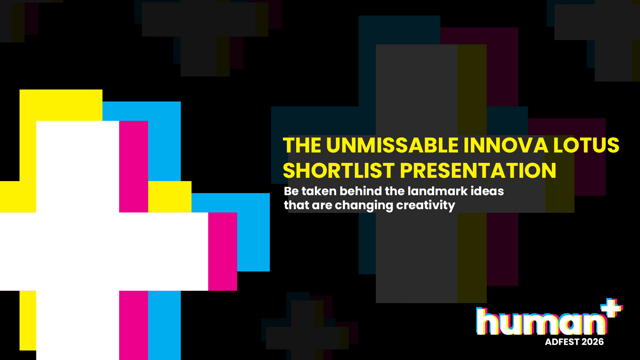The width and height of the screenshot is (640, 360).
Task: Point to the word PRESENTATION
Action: click(478, 170)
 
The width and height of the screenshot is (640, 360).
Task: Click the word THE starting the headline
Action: click(302, 146)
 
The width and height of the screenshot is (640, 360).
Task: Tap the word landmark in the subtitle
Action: click(437, 191)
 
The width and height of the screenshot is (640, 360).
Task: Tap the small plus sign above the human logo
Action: click(612, 308)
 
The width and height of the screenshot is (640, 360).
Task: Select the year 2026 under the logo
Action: click(592, 342)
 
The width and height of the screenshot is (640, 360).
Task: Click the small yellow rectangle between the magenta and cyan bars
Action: click(170, 196)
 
